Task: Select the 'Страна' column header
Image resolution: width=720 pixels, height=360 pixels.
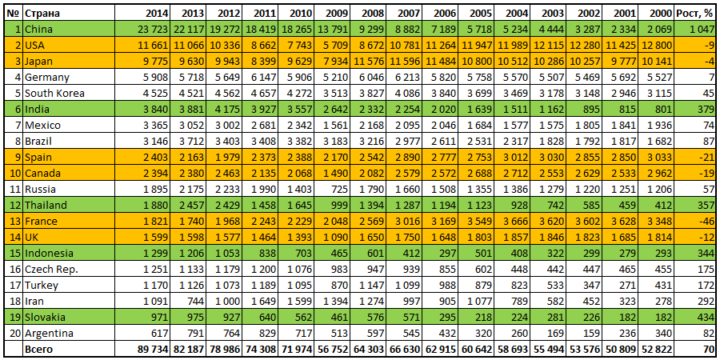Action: tap(41, 14)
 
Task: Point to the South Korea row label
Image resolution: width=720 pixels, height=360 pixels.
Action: tap(51, 93)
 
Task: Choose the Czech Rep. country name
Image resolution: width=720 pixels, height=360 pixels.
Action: tap(49, 269)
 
